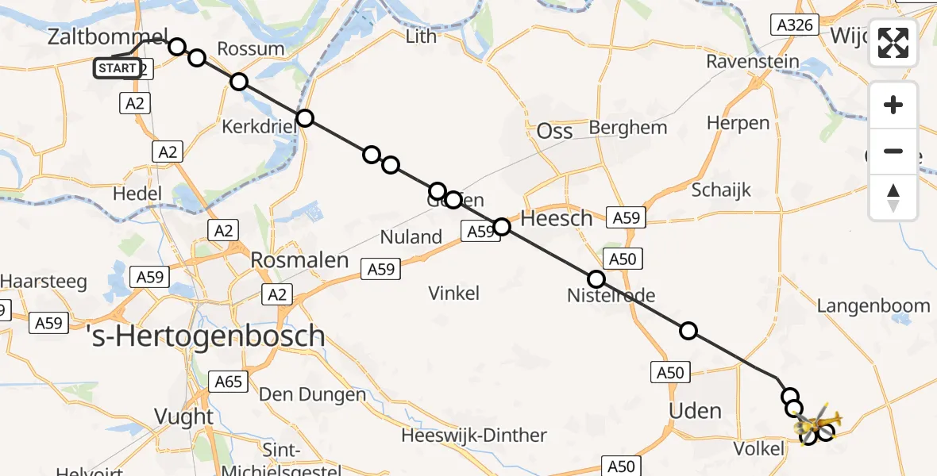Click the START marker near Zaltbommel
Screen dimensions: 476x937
point(118,68)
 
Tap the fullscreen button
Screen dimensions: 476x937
point(893,43)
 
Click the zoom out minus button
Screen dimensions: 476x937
point(893,151)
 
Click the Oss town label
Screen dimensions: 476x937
point(555,131)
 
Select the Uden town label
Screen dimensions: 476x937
point(696,410)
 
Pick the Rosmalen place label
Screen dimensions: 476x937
point(299,260)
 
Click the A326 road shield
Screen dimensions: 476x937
point(795,25)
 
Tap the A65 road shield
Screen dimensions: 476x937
point(228,382)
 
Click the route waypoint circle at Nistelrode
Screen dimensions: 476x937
point(596,279)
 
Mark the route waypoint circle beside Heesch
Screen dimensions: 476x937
point(502,228)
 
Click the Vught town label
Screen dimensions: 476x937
point(183,416)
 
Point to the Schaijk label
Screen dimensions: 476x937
point(721,190)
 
